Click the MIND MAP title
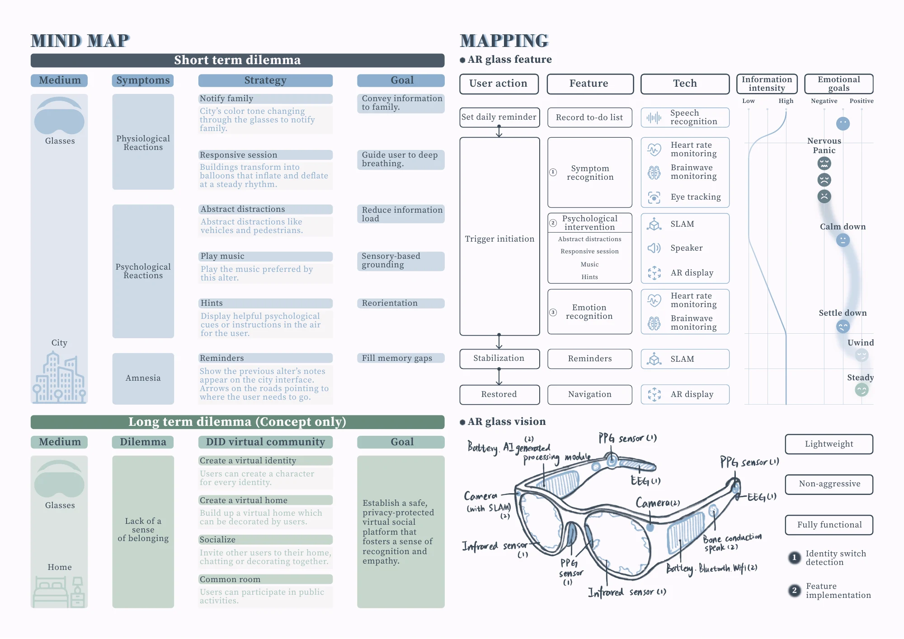pyautogui.click(x=80, y=41)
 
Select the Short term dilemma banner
pyautogui.click(x=237, y=60)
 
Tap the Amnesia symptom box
pyautogui.click(x=143, y=378)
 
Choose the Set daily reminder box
pyautogui.click(x=499, y=117)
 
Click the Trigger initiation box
pyautogui.click(x=499, y=237)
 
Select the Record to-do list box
pyautogui.click(x=589, y=117)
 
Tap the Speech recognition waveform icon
pyautogui.click(x=654, y=118)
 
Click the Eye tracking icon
pyautogui.click(x=654, y=197)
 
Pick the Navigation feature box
pyautogui.click(x=589, y=395)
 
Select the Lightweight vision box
pyautogui.click(x=829, y=444)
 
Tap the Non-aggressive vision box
pyautogui.click(x=829, y=484)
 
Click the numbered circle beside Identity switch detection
pyautogui.click(x=794, y=558)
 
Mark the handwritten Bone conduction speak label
pyautogui.click(x=732, y=542)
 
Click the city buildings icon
pyautogui.click(x=59, y=378)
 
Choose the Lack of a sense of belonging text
pyautogui.click(x=143, y=530)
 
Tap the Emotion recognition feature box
pyautogui.click(x=589, y=312)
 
